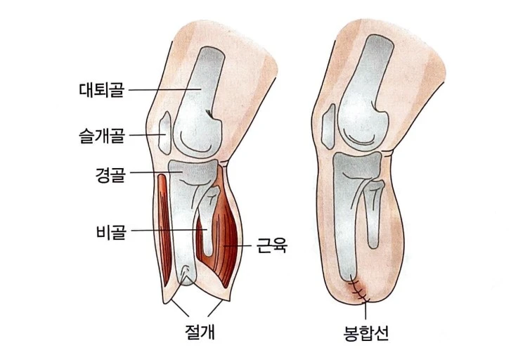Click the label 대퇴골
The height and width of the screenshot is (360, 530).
tap(102, 90)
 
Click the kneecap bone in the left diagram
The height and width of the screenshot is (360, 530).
tap(162, 133)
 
